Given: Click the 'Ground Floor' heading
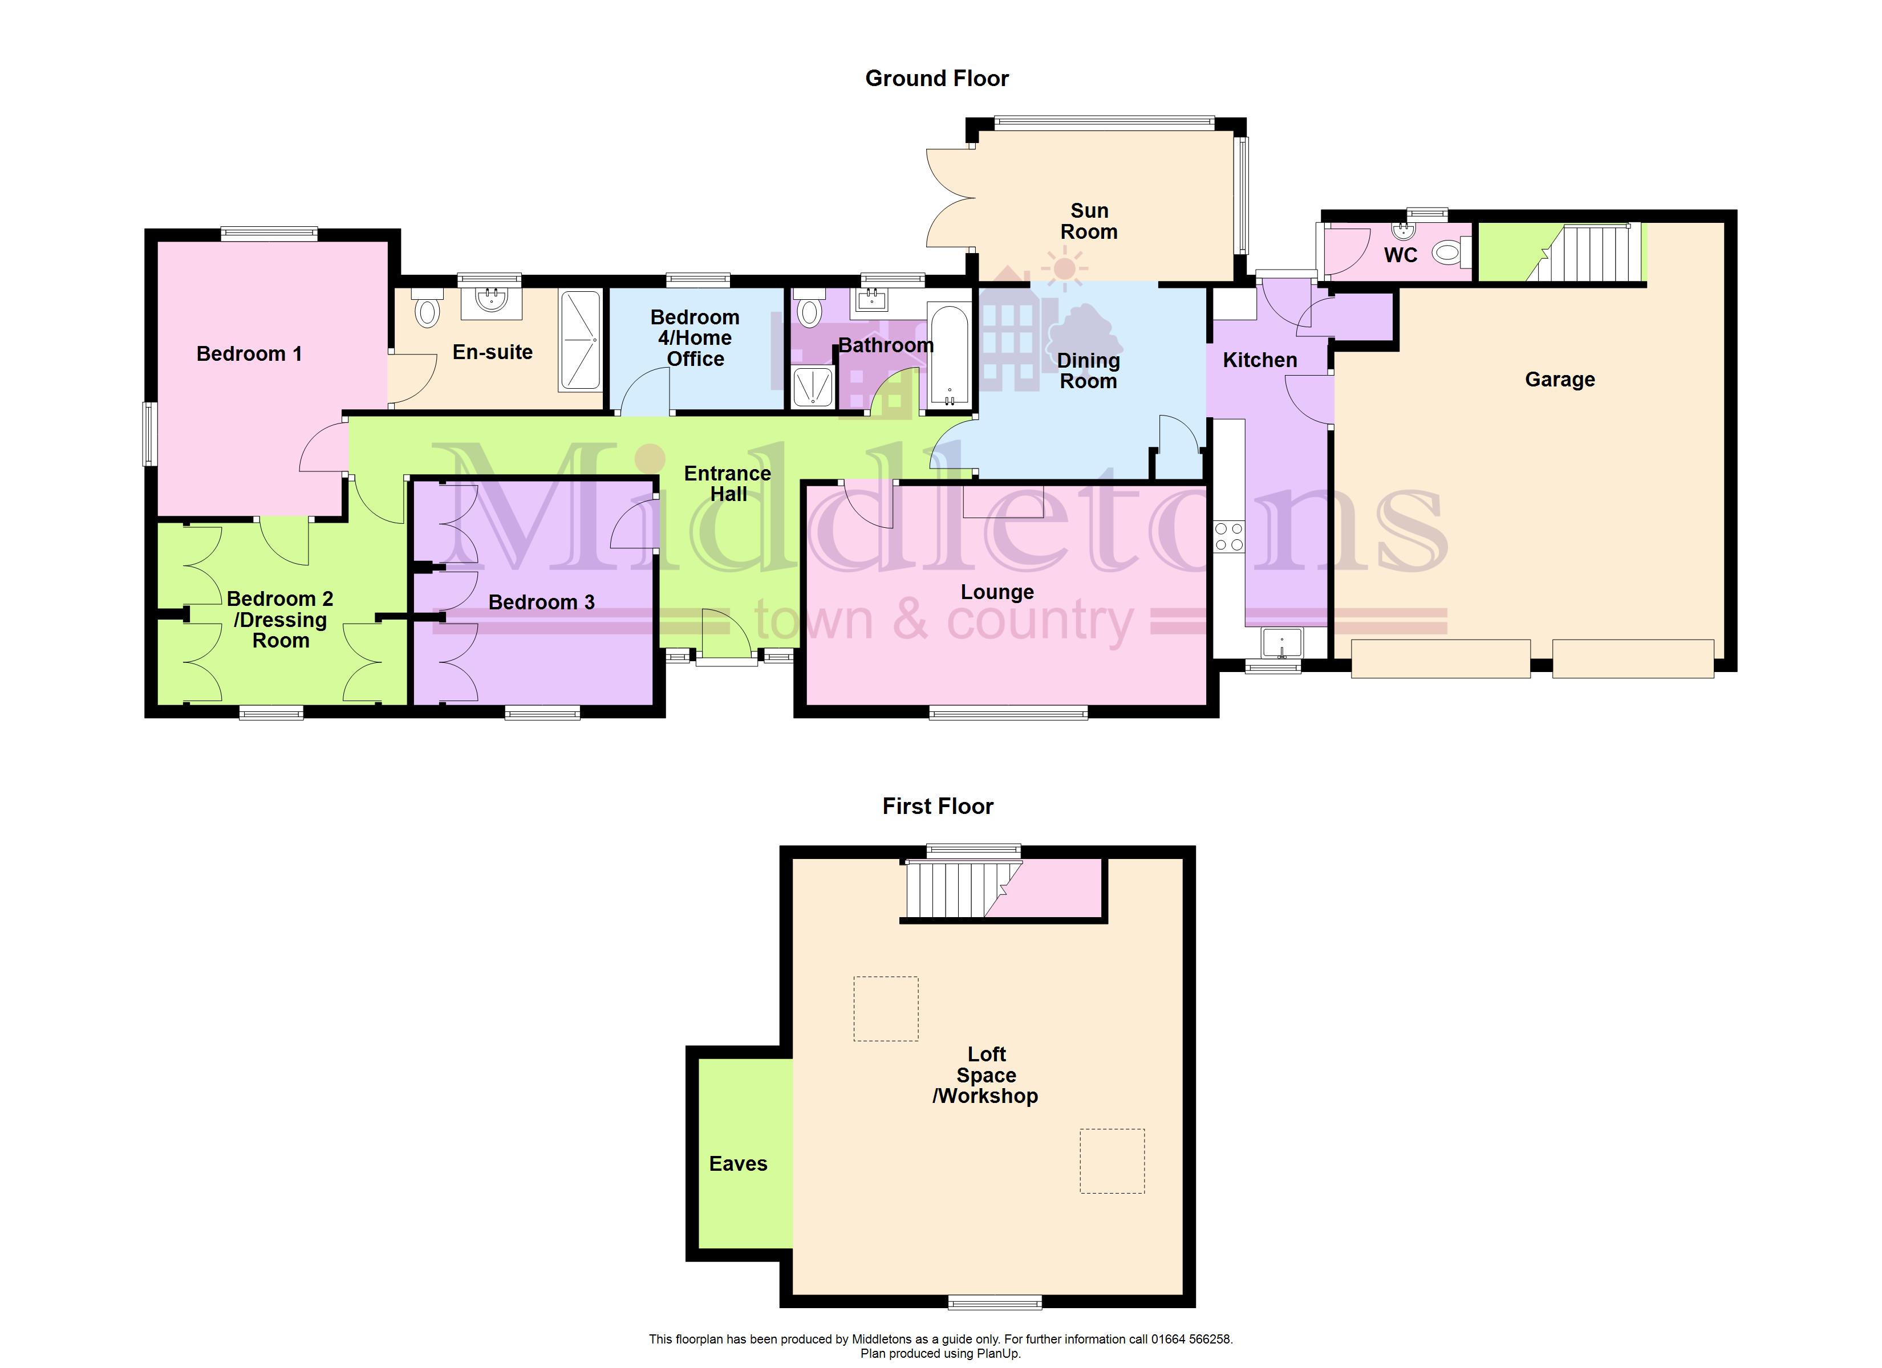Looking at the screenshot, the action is click(x=937, y=79).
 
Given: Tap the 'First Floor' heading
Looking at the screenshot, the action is click(x=938, y=807).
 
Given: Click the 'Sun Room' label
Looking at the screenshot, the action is click(x=1089, y=222).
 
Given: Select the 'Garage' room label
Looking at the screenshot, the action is click(x=1559, y=380).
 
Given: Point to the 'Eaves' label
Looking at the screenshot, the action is click(x=738, y=1164).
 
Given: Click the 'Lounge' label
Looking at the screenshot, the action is click(x=997, y=592).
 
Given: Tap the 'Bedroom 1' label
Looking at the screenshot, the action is click(x=249, y=354).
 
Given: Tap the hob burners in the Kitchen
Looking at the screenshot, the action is click(x=1229, y=536).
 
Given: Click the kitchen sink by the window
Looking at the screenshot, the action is click(x=1282, y=644).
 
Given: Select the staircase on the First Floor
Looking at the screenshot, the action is click(x=963, y=889).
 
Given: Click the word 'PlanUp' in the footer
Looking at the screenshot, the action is click(x=1000, y=1354).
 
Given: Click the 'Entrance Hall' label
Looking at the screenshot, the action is click(x=728, y=484).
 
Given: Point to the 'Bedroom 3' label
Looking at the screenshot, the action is click(x=542, y=603).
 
